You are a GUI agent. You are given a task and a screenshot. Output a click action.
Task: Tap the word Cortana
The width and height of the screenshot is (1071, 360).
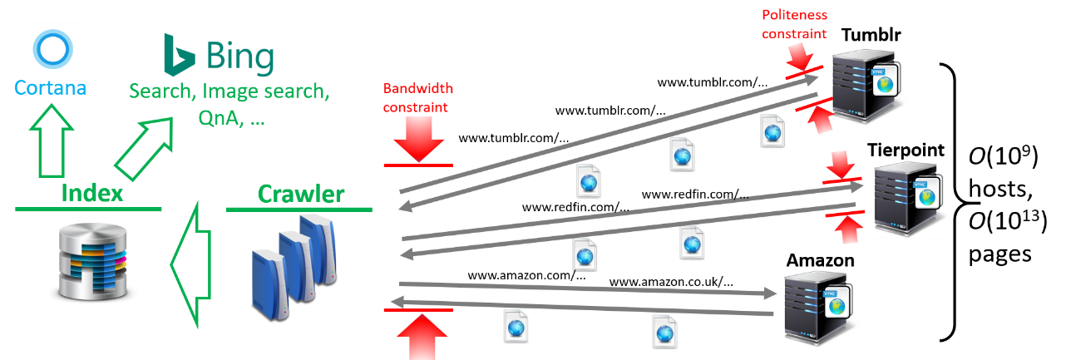click(x=50, y=86)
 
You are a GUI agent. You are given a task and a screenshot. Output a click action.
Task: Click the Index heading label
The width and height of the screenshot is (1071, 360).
click(x=91, y=195)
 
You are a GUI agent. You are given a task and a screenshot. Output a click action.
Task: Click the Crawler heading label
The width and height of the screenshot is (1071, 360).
click(x=300, y=195)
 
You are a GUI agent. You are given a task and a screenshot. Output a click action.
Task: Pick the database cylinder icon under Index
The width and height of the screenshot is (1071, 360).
click(x=91, y=259)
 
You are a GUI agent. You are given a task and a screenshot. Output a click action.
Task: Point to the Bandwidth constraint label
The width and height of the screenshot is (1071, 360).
click(x=417, y=97)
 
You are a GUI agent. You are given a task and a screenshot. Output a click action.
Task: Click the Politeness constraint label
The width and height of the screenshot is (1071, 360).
click(x=795, y=25)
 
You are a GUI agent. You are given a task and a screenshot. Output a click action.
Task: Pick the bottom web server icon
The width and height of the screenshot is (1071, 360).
click(x=816, y=305)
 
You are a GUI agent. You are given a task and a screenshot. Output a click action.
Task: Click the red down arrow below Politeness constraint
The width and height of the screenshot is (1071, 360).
click(x=801, y=58)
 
